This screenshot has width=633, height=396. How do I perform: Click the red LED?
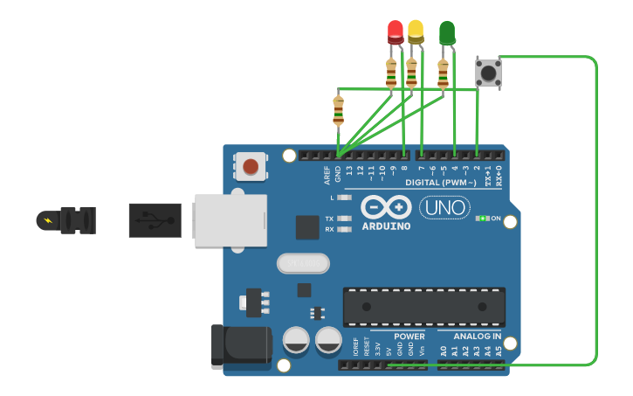click(396, 31)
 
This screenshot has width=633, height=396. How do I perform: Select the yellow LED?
click(416, 31)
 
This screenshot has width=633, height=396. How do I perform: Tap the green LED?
click(447, 33)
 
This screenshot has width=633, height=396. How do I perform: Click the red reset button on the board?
click(251, 165)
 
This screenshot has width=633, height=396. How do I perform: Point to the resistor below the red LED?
click(390, 73)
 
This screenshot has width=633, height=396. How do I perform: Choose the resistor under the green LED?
click(444, 74)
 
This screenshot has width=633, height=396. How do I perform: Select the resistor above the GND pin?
click(339, 110)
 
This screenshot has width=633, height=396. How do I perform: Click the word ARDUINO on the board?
click(386, 226)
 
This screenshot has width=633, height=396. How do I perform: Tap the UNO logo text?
click(444, 207)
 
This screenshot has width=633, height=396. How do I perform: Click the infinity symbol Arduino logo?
click(386, 207)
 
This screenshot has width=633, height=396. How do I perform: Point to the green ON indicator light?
click(480, 218)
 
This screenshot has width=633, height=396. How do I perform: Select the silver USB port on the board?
click(230, 219)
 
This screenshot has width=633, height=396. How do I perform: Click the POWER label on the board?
click(409, 337)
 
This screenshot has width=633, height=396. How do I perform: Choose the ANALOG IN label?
click(477, 337)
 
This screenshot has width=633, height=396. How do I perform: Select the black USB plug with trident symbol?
click(155, 220)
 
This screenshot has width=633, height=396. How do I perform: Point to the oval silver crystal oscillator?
click(303, 262)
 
